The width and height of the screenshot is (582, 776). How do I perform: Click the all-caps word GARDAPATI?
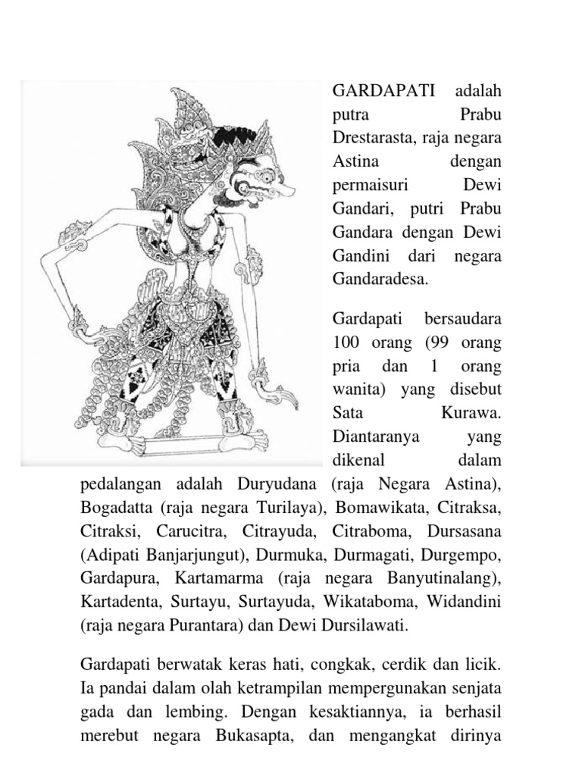pyautogui.click(x=383, y=92)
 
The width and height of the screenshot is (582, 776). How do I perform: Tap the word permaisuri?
pyautogui.click(x=369, y=186)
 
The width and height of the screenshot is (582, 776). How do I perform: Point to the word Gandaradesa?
pyautogui.click(x=380, y=280)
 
